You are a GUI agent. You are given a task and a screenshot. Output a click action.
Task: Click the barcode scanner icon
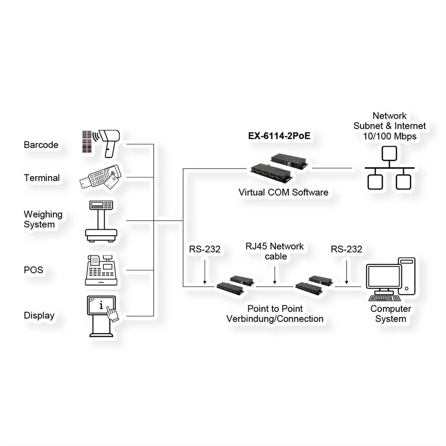coord(101,143)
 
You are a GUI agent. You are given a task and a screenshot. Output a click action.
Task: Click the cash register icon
coord(101,270)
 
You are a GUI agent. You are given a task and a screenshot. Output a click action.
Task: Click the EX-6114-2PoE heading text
coord(279,136)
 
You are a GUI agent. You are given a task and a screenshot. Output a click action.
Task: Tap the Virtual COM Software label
coord(283,193)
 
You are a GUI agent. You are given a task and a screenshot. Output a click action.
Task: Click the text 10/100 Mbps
coord(390,136)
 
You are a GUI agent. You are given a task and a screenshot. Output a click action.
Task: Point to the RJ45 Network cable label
coord(275,251)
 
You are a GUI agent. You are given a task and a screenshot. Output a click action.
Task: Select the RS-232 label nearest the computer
coord(346,249)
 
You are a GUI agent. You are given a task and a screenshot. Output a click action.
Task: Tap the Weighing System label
coord(43,219)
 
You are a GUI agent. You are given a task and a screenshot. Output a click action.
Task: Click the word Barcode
coord(41,145)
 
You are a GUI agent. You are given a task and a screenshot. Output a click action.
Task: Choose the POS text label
coord(33,270)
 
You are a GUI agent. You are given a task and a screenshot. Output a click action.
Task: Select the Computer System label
coord(391,314)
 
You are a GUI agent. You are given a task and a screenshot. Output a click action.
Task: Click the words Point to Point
coord(275,308)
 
